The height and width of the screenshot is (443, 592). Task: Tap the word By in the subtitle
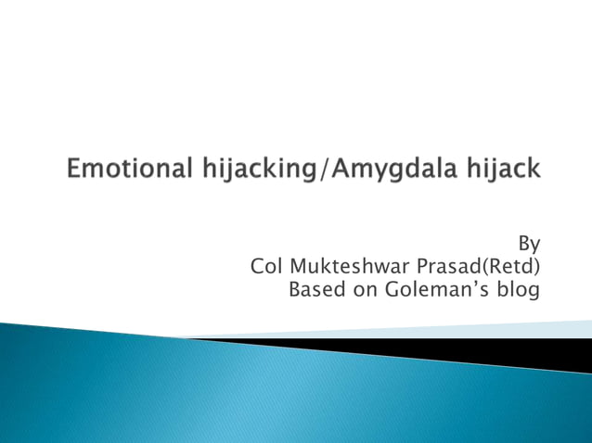529,245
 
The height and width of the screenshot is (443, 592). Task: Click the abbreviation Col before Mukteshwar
266,267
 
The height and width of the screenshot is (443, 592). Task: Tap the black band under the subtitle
464,350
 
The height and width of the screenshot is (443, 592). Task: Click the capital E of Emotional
74,170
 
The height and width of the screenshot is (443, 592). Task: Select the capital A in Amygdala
340,170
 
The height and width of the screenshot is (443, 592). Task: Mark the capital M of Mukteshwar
301,267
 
